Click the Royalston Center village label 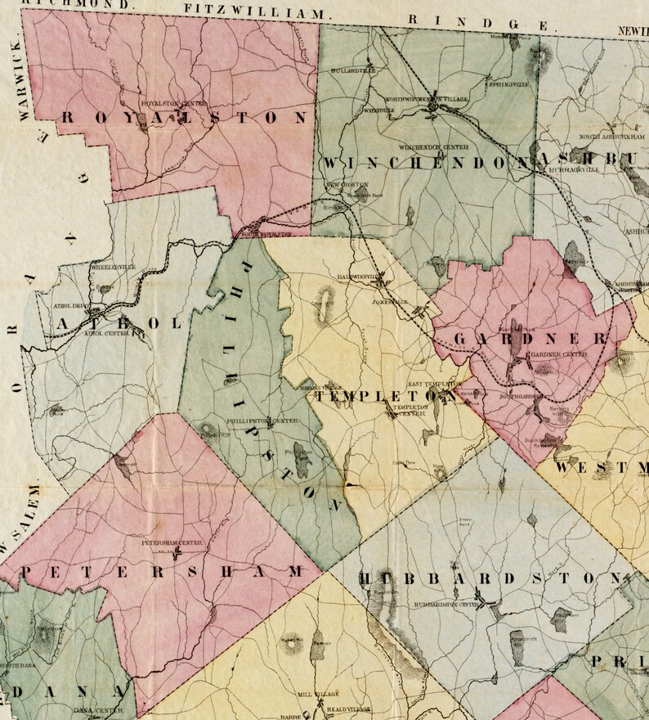coord(174,104)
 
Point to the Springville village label coord(508,83)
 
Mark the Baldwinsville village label coord(360,277)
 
